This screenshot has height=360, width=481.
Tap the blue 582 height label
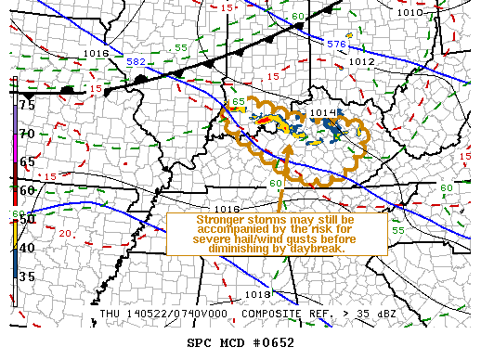(x=136, y=61)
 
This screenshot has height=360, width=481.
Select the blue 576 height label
(x=336, y=44)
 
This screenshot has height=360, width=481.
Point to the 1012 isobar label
(x=362, y=61)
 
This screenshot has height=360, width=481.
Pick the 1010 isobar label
(x=408, y=13)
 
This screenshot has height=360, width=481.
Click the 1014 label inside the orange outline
(x=322, y=113)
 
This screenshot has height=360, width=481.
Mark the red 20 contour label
(x=66, y=233)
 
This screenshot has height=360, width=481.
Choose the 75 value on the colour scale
(x=28, y=105)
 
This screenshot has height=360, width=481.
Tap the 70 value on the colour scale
(x=28, y=134)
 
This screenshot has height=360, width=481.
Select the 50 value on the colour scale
(x=28, y=219)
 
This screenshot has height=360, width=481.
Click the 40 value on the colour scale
(x=28, y=248)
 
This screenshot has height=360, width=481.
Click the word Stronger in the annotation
(x=223, y=220)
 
